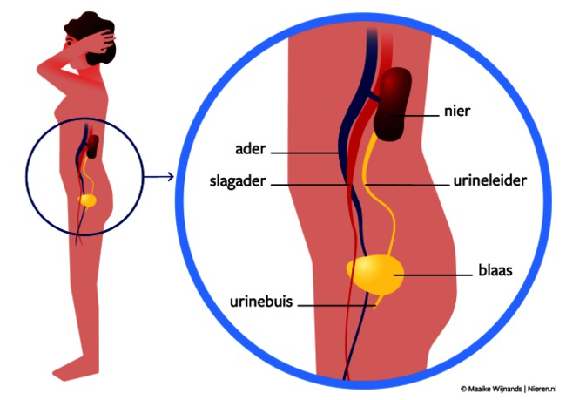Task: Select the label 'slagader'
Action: click(239, 185)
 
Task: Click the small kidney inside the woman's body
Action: click(92, 145)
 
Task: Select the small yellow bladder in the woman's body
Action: click(87, 200)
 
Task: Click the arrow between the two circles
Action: click(158, 177)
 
